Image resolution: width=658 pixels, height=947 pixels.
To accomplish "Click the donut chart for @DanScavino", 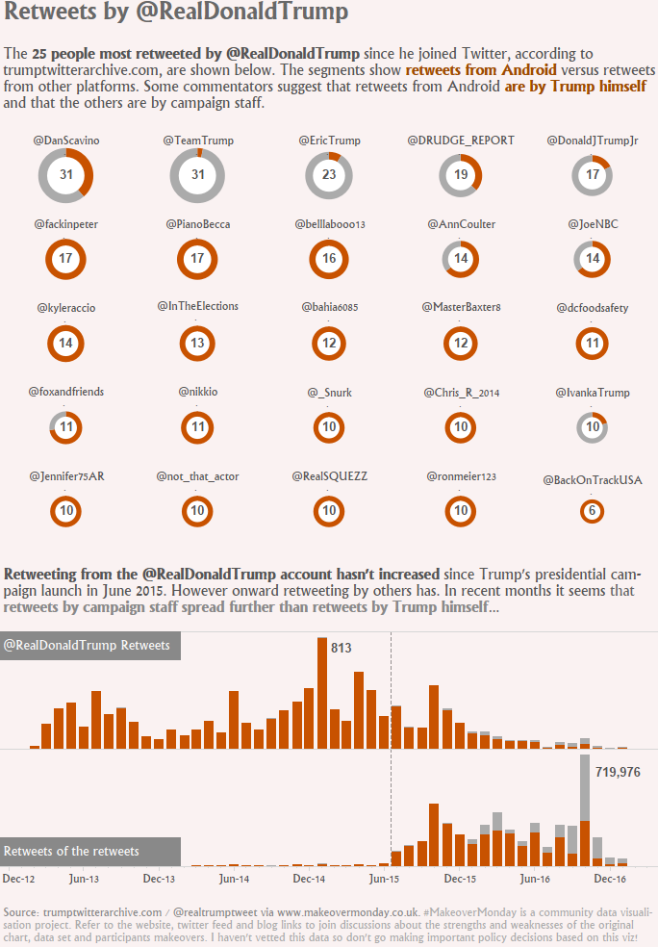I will click(x=66, y=175).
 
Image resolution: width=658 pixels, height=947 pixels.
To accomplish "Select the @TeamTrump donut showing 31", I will click(x=197, y=175).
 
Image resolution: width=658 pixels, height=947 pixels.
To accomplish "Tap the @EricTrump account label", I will click(x=329, y=141).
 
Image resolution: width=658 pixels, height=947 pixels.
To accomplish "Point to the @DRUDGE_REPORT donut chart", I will click(x=461, y=175).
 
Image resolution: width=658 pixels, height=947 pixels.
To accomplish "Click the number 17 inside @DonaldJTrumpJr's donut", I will click(x=593, y=175).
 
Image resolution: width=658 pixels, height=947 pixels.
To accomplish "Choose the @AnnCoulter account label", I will click(x=461, y=224).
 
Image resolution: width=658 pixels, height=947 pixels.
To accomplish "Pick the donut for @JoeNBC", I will click(x=593, y=259).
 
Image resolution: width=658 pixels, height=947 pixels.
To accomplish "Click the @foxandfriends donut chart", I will click(x=66, y=426).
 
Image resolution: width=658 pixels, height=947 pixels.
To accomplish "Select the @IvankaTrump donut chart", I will click(x=593, y=426).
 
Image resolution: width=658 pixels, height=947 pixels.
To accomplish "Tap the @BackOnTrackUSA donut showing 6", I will click(x=593, y=511).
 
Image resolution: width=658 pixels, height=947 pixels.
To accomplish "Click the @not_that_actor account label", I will click(x=197, y=476).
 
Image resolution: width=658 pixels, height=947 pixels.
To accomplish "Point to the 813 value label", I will click(x=341, y=649).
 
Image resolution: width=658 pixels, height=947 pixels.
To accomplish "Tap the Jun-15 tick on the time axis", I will click(x=384, y=879).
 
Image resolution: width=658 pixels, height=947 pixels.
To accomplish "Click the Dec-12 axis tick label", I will click(x=19, y=879).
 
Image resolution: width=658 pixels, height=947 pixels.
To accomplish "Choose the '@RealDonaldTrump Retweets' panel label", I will click(x=88, y=646).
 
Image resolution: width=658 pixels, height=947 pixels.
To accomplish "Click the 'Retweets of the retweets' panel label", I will click(x=72, y=852).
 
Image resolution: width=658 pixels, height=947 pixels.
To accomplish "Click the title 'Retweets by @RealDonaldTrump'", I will click(x=176, y=13).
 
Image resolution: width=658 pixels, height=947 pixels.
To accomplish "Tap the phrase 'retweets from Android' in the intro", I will click(x=481, y=70).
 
